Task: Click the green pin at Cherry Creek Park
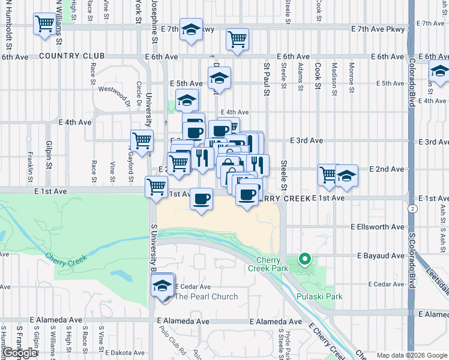click(304, 259)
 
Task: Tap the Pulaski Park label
click(319, 296)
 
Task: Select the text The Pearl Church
click(206, 296)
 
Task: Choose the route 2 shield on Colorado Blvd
click(412, 208)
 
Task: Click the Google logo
click(20, 353)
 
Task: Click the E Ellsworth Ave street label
click(378, 227)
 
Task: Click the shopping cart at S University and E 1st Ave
click(157, 185)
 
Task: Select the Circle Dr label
click(138, 93)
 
